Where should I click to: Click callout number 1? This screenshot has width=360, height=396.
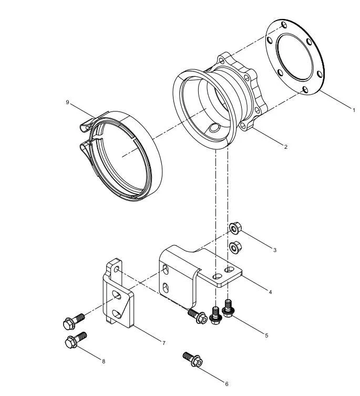click(x=354, y=110)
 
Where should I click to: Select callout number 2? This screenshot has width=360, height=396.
click(x=285, y=147)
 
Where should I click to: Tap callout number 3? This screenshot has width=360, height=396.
click(x=275, y=250)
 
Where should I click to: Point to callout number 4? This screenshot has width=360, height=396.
click(x=270, y=292)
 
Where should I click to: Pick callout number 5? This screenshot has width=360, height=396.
click(x=266, y=336)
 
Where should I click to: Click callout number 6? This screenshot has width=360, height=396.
click(x=227, y=384)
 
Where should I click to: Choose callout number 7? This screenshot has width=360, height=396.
click(x=163, y=343)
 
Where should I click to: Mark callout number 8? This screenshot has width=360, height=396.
click(x=104, y=361)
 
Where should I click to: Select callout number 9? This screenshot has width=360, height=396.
click(x=67, y=102)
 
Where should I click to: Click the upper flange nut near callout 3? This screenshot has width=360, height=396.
click(x=235, y=228)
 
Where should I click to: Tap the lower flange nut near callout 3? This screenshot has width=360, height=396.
click(x=235, y=247)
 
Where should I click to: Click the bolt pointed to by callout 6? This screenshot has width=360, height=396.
click(x=193, y=360)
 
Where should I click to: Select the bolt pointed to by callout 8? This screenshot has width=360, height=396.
click(x=76, y=340)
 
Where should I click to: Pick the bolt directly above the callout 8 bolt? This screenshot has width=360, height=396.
click(x=74, y=321)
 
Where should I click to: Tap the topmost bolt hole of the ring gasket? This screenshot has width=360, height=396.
click(x=284, y=25)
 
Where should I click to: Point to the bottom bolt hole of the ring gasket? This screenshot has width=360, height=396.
click(x=305, y=89)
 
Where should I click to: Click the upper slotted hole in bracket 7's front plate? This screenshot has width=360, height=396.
click(x=117, y=295)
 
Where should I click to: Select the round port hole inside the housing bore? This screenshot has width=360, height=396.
click(x=214, y=128)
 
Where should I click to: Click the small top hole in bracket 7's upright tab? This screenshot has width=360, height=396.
click(x=116, y=269)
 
